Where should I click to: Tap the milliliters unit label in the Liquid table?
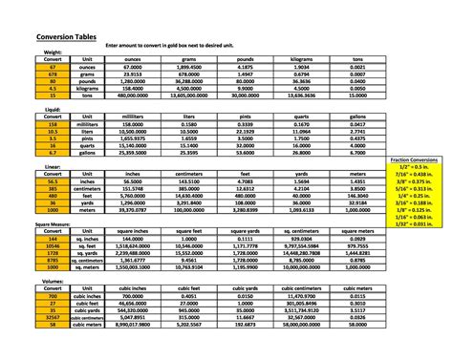click(x=87, y=123)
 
